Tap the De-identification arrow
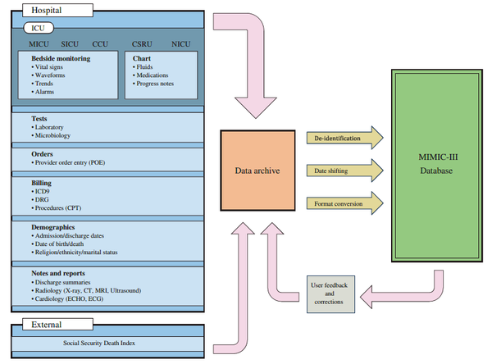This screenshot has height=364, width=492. (344, 139)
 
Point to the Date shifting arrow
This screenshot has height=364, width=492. (344, 171)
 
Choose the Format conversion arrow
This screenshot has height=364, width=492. (344, 202)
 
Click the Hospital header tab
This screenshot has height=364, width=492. (46, 9)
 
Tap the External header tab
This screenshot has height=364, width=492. (44, 324)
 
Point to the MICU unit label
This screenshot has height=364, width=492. (40, 43)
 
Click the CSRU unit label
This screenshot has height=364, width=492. (143, 43)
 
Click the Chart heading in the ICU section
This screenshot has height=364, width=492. (141, 59)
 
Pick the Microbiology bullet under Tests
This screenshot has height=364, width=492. (53, 136)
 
